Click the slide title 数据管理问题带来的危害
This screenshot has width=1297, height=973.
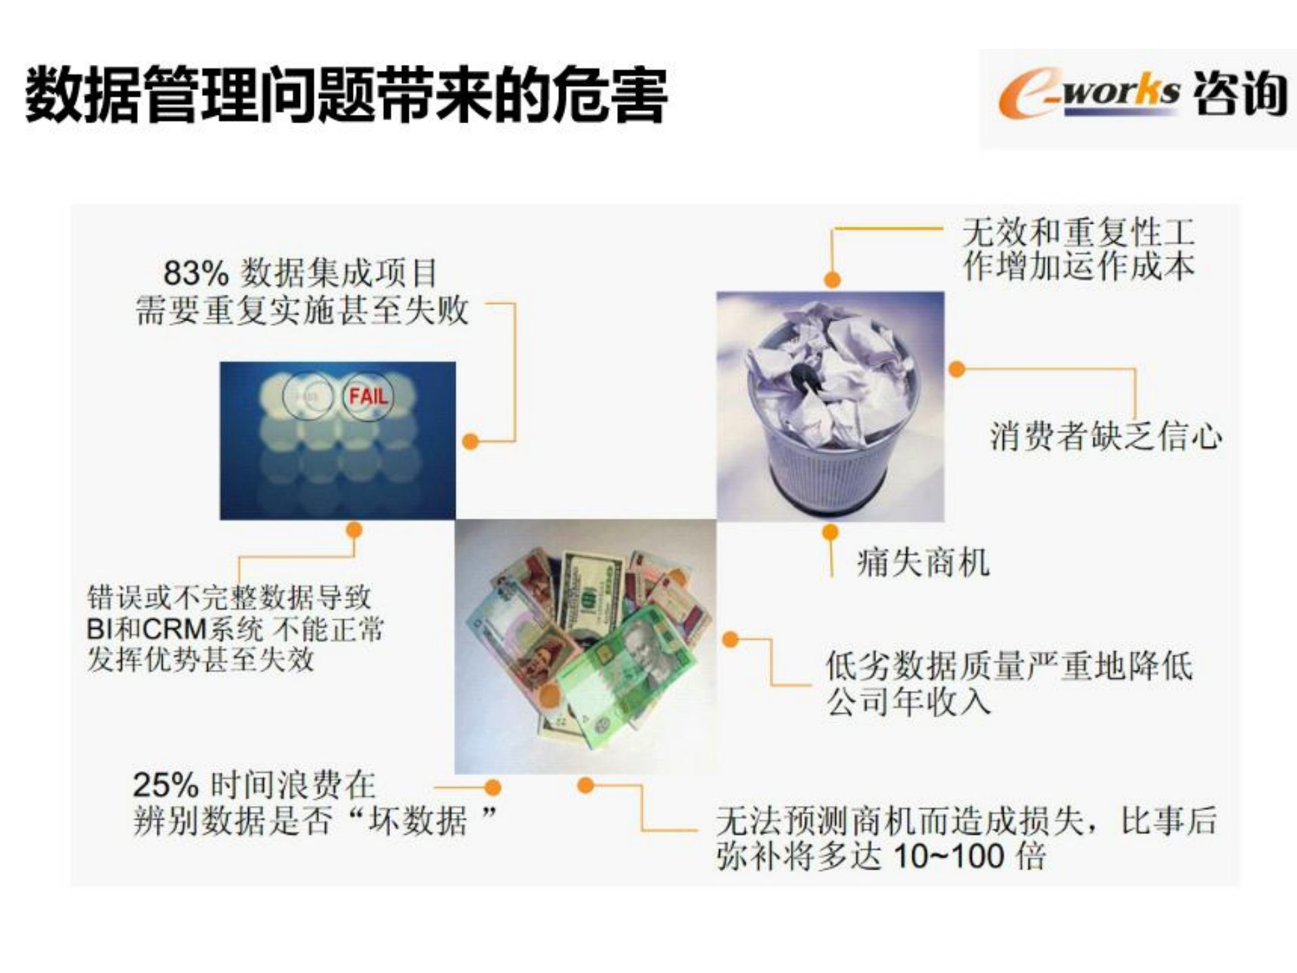(346, 94)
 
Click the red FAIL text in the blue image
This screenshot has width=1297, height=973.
(368, 396)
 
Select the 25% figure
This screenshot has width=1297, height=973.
(165, 786)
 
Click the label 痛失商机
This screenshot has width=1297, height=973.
(923, 563)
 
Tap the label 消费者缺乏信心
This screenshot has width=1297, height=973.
(1106, 436)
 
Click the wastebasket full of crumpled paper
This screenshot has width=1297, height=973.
(831, 406)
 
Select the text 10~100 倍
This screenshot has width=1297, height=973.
(970, 857)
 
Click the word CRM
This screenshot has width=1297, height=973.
(174, 630)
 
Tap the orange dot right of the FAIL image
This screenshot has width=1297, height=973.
(470, 442)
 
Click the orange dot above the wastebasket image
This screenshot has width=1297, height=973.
(832, 279)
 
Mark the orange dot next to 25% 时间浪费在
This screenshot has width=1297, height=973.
(493, 788)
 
